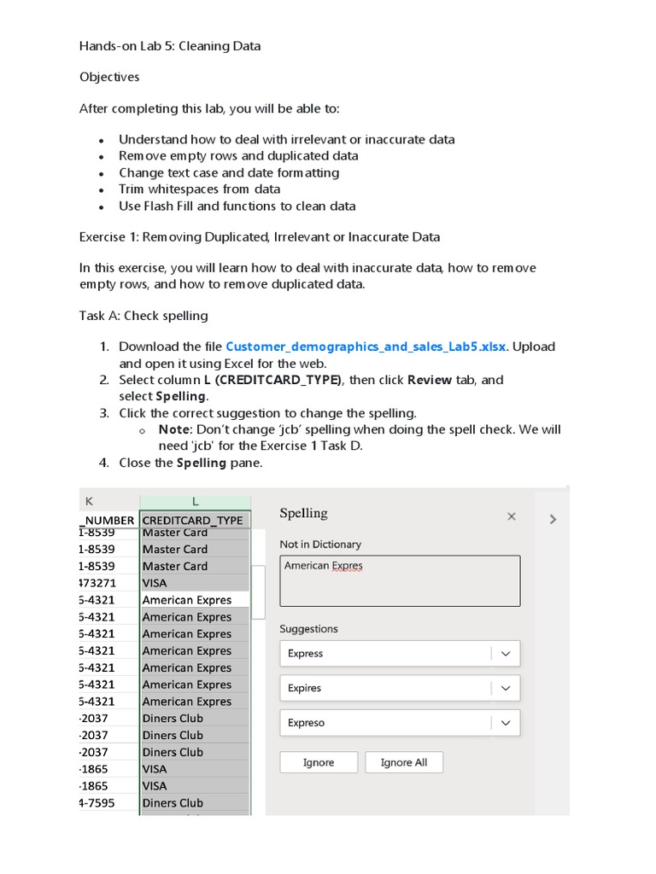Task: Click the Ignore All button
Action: (x=403, y=762)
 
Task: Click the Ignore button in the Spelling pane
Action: (x=319, y=762)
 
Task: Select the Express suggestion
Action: (x=384, y=654)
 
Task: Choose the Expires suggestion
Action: (x=384, y=688)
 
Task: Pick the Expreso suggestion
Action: (x=384, y=723)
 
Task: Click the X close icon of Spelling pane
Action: (x=512, y=516)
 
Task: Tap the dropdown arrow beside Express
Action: (x=506, y=654)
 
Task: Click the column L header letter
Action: (x=195, y=502)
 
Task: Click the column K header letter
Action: (x=89, y=502)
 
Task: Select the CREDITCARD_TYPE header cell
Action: (x=193, y=520)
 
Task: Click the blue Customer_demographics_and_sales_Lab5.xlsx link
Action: (x=366, y=347)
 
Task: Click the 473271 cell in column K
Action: (x=101, y=583)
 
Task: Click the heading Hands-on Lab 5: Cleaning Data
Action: (x=170, y=46)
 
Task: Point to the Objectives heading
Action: (x=109, y=77)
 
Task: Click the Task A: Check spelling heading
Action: (x=143, y=316)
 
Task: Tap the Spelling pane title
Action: (x=303, y=513)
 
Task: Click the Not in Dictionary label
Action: (x=320, y=545)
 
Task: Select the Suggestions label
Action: (x=308, y=629)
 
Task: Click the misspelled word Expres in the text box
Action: (x=348, y=566)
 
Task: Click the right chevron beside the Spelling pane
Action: (x=553, y=519)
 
